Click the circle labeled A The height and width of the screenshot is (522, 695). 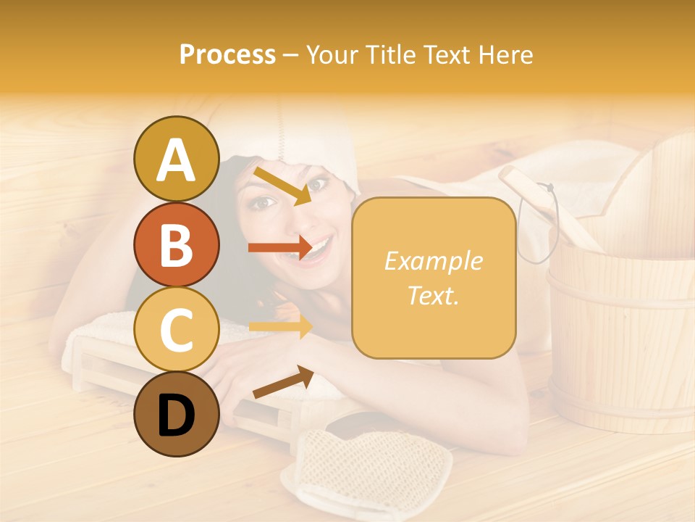coord(176,159)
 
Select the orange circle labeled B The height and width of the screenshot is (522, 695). coord(176,244)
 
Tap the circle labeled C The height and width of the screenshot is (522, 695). coord(176,329)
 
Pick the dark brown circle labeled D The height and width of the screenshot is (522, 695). coord(176,415)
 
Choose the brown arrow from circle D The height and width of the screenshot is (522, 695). coord(283,382)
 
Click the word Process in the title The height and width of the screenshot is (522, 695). coord(227,54)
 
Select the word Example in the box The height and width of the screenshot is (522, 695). coord(433,261)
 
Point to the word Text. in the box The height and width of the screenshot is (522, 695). coord(433,295)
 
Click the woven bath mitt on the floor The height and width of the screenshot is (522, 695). coord(366,468)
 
